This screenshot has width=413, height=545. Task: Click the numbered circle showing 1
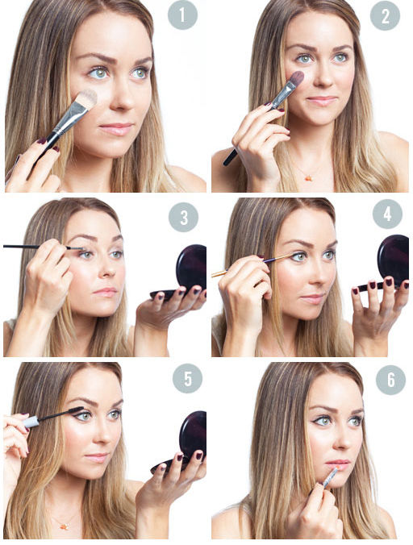(182, 15)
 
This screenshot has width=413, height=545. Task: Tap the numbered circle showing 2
(385, 15)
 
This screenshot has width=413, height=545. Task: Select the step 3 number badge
(184, 217)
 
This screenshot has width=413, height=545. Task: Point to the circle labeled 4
(387, 214)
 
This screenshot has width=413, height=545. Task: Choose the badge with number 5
(188, 378)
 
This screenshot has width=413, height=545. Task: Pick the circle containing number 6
(390, 380)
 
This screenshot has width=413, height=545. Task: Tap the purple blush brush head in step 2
(297, 78)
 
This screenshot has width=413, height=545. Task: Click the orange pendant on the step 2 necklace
(308, 178)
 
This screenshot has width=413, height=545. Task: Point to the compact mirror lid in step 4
(393, 256)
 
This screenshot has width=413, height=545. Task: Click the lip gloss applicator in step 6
(330, 477)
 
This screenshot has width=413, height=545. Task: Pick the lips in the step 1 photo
(116, 129)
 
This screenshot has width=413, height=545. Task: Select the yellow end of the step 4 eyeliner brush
(219, 273)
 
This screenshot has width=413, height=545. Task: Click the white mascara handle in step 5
(31, 422)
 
